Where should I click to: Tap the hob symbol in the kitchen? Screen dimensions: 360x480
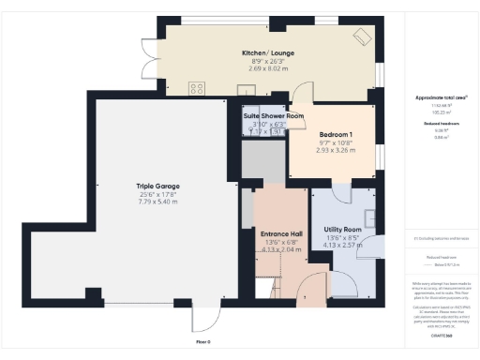(197, 88)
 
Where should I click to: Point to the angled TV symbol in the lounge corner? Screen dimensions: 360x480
(362, 37)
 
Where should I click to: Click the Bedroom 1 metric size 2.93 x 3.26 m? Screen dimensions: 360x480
(335, 150)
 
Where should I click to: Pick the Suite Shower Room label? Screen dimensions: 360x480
(274, 116)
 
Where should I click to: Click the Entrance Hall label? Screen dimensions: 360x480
(282, 233)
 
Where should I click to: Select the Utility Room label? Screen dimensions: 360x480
(342, 229)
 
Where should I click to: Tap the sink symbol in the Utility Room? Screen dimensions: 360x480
(373, 219)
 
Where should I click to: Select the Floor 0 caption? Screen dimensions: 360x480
(202, 341)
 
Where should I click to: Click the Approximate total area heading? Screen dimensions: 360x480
(434, 97)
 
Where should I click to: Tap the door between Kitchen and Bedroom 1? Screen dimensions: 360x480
(302, 96)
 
